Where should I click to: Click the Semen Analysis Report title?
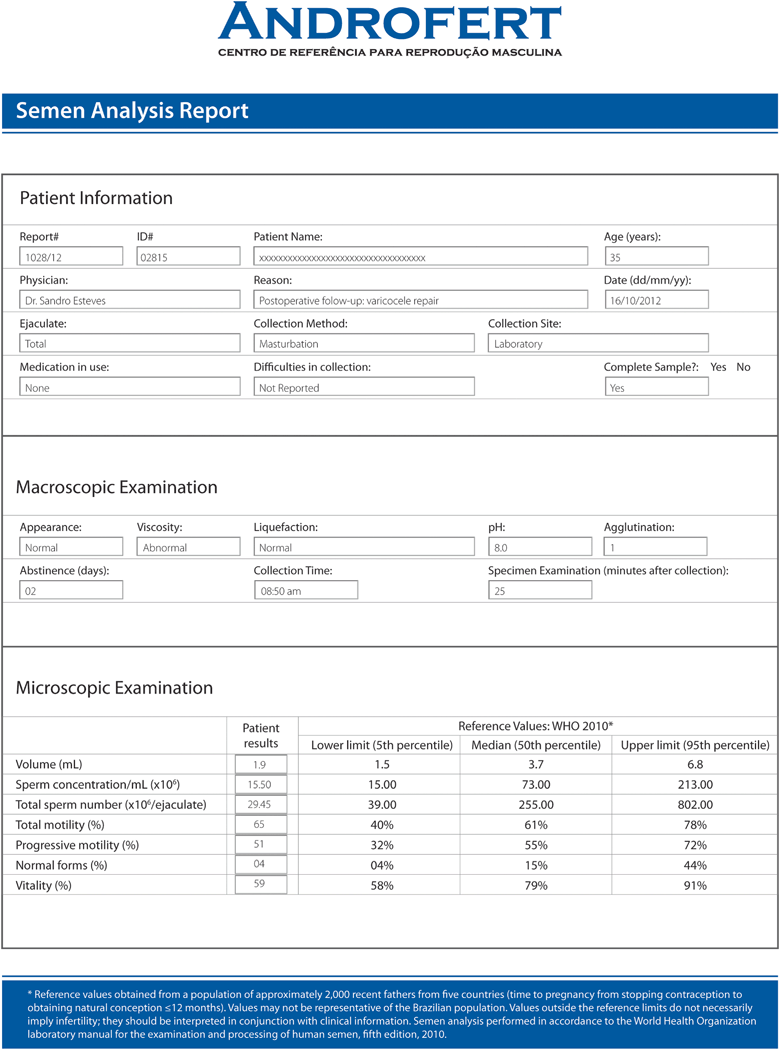pyautogui.click(x=132, y=111)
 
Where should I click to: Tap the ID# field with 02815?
pyautogui.click(x=188, y=257)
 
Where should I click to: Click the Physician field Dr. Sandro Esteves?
pyautogui.click(x=130, y=300)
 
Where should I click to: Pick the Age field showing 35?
pyautogui.click(x=656, y=257)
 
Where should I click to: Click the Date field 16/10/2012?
pyautogui.click(x=656, y=300)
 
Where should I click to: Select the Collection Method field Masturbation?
pyautogui.click(x=363, y=344)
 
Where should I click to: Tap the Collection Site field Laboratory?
pyautogui.click(x=598, y=344)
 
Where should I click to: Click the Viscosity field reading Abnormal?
pyautogui.click(x=188, y=548)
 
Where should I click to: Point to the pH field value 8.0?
pyautogui.click(x=540, y=548)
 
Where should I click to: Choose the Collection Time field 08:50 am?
pyautogui.click(x=305, y=591)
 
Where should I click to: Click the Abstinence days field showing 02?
pyautogui.click(x=71, y=591)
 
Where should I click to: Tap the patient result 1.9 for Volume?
pyautogui.click(x=260, y=765)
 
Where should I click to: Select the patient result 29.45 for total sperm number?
pyautogui.click(x=260, y=805)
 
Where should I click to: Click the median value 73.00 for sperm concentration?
pyautogui.click(x=535, y=785)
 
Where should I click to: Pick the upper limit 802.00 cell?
pyautogui.click(x=695, y=805)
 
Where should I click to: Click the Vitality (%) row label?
pyautogui.click(x=44, y=885)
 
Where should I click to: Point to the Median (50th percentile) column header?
pyautogui.click(x=535, y=745)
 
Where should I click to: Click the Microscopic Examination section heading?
pyautogui.click(x=114, y=688)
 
